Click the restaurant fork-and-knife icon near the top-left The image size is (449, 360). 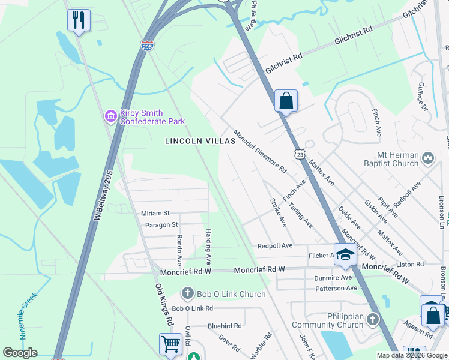click(79, 20)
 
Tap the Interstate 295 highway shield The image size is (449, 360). click(148, 45)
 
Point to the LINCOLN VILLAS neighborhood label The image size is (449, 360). click(196, 141)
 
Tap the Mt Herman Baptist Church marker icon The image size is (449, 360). click(428, 158)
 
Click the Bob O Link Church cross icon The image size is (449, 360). click(187, 293)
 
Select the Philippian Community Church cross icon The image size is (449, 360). click(373, 319)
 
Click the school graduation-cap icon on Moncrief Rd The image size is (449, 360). click(345, 255)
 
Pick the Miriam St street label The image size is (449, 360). click(155, 213)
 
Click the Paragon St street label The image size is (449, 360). click(161, 225)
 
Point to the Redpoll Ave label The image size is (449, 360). click(274, 246)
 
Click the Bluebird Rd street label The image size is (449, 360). click(224, 326)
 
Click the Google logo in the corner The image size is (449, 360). click(20, 353)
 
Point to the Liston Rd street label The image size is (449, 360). click(410, 264)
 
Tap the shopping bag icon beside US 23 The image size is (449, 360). click(286, 100)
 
